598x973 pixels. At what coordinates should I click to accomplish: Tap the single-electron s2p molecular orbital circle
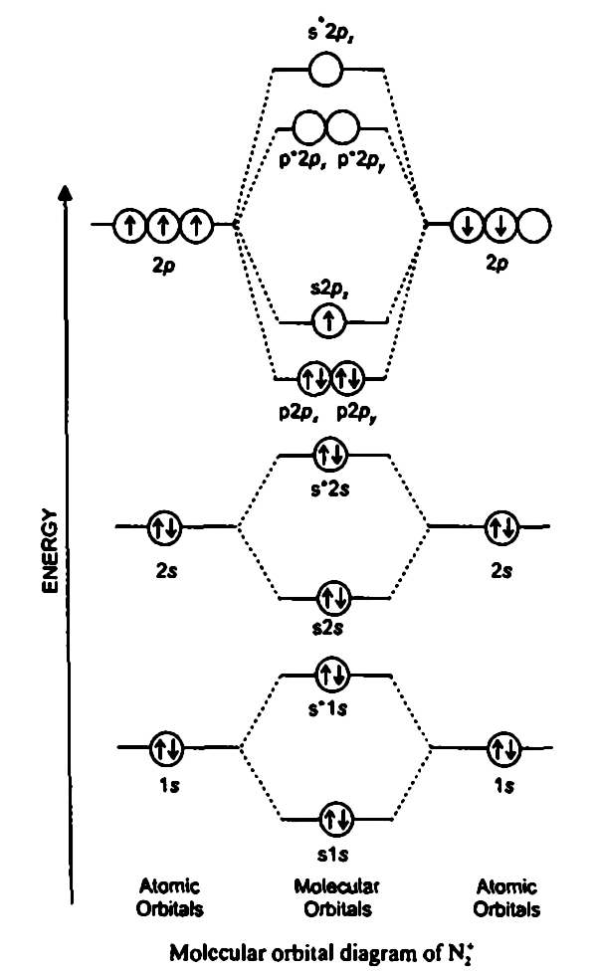pos(328,320)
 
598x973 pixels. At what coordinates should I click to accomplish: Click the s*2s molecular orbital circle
pos(328,456)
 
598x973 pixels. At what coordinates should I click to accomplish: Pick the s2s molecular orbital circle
pos(329,599)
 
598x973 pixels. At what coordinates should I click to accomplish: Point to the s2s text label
pos(329,629)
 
